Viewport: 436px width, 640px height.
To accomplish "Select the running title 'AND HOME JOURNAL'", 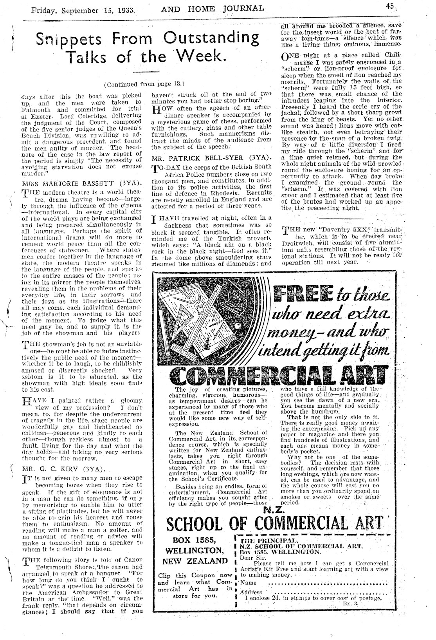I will tap(213, 8).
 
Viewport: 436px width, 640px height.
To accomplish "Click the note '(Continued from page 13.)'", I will tap(144, 84).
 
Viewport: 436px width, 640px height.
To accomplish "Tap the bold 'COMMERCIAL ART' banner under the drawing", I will tap(278, 376).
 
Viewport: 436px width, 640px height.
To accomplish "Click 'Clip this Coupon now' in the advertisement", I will tap(195, 575).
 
